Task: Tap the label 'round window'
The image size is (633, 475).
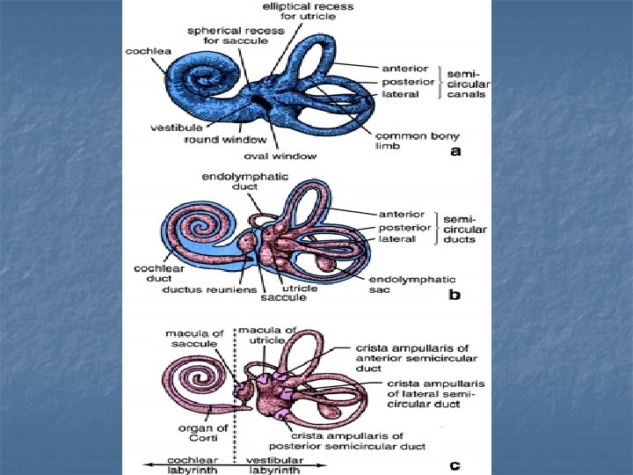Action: [x=214, y=139]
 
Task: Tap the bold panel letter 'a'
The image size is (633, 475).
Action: [x=455, y=152]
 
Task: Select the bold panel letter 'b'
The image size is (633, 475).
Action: [x=455, y=296]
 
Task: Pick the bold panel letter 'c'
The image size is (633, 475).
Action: [x=455, y=465]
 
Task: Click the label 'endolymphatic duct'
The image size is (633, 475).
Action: [x=234, y=181]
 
